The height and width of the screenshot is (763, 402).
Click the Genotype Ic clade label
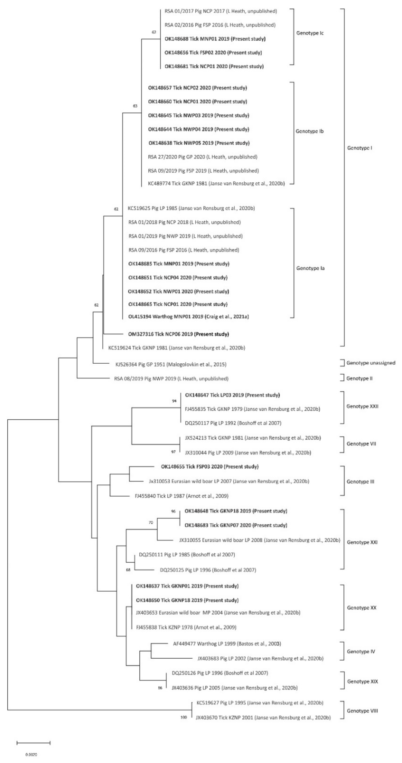point(310,33)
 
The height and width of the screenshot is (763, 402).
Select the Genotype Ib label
point(310,131)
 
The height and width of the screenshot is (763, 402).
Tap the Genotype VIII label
point(362,710)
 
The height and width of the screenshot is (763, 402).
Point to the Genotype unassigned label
point(371,363)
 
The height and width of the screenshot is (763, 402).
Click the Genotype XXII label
point(362,406)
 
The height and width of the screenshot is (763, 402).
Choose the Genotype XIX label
point(362,681)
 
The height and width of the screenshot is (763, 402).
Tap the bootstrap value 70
point(151,523)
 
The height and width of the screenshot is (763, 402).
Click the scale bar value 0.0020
point(31,755)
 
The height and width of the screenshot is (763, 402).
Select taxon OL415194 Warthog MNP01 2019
point(188,317)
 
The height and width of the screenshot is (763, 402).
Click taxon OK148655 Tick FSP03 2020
point(210,467)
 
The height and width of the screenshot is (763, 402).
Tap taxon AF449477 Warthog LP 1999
point(227,644)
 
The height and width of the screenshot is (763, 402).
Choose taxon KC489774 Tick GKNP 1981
point(216,184)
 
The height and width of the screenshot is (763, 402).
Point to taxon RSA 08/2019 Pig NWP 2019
point(171,379)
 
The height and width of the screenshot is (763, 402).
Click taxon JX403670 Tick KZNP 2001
point(263,718)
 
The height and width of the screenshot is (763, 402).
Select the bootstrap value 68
point(128,570)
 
